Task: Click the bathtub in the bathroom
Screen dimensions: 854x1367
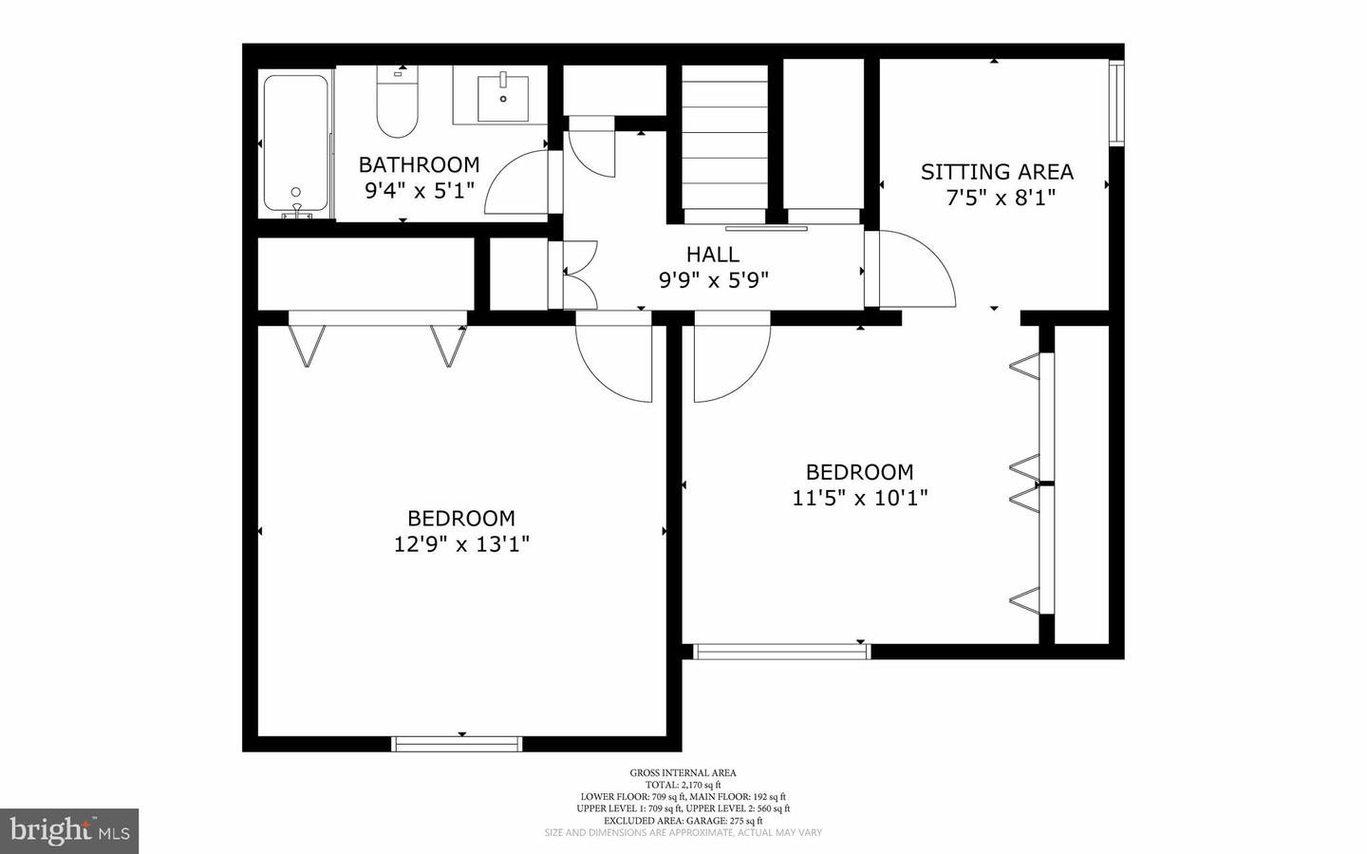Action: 295,144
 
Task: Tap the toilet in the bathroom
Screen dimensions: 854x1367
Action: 397,104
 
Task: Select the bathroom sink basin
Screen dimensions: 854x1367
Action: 502,96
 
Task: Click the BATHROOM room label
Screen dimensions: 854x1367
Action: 419,164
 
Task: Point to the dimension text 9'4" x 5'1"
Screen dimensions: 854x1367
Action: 419,191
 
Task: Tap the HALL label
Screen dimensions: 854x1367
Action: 713,254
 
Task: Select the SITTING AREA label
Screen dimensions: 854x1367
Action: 997,172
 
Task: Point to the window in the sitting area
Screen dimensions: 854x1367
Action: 1116,103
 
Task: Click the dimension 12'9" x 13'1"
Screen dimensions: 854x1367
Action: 461,544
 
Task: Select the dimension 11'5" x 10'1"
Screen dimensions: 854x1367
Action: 860,498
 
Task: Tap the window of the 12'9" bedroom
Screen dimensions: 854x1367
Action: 458,744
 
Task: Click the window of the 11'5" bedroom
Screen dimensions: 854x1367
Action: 781,652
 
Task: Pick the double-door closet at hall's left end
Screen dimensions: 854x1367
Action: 575,275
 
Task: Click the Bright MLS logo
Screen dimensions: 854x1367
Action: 69,831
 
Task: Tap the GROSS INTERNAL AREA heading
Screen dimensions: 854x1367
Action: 683,773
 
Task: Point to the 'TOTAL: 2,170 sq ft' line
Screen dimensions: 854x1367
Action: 683,785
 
